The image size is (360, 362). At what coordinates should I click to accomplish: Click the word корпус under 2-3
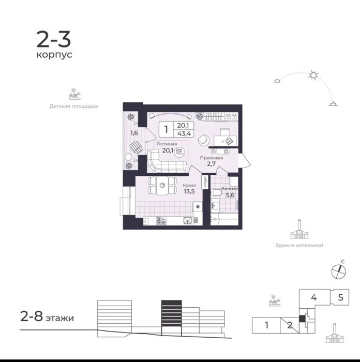[54, 55]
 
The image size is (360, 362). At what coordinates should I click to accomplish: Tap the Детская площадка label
[73, 107]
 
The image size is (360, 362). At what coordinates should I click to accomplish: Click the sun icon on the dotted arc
[313, 75]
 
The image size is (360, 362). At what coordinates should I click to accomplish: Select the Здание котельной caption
[299, 246]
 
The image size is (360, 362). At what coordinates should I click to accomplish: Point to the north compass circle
[339, 271]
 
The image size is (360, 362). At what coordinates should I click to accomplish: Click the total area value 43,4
[184, 133]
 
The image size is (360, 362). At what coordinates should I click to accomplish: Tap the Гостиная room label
[167, 144]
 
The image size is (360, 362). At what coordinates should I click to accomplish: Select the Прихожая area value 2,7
[211, 164]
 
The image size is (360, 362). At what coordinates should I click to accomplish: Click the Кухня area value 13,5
[189, 191]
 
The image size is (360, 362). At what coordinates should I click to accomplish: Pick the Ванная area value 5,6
[230, 195]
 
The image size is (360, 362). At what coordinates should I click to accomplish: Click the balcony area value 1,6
[134, 133]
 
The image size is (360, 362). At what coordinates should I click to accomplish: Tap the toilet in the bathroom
[216, 193]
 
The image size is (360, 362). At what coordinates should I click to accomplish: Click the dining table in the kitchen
[162, 185]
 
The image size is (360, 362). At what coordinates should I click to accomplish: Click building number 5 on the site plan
[340, 297]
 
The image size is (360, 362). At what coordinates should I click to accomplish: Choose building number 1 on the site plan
[267, 325]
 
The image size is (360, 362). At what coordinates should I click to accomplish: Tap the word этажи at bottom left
[59, 318]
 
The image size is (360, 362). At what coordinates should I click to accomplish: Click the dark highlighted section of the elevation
[171, 313]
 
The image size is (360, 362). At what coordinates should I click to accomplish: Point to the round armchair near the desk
[204, 140]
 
